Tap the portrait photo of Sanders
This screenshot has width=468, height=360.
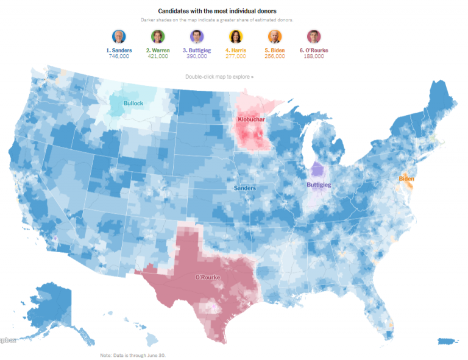(119, 37)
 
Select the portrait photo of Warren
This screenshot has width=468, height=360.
(158, 37)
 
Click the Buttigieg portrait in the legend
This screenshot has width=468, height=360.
(197, 37)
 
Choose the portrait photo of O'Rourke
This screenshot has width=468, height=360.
(314, 37)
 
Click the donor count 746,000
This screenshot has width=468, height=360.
(119, 56)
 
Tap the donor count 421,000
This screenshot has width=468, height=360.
(158, 56)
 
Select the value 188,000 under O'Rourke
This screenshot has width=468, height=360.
(314, 56)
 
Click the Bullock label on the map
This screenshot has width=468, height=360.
(133, 104)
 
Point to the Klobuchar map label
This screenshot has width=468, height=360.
(252, 120)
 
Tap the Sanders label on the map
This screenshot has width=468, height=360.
(245, 188)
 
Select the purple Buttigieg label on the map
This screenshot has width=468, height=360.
(319, 185)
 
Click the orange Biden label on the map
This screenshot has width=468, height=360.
(406, 178)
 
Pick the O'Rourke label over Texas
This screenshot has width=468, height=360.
(207, 278)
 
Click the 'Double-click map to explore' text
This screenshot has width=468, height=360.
(219, 77)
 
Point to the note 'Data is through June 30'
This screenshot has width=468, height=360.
(133, 355)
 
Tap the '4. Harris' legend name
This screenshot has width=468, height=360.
(236, 50)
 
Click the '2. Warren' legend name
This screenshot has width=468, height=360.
(158, 50)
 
